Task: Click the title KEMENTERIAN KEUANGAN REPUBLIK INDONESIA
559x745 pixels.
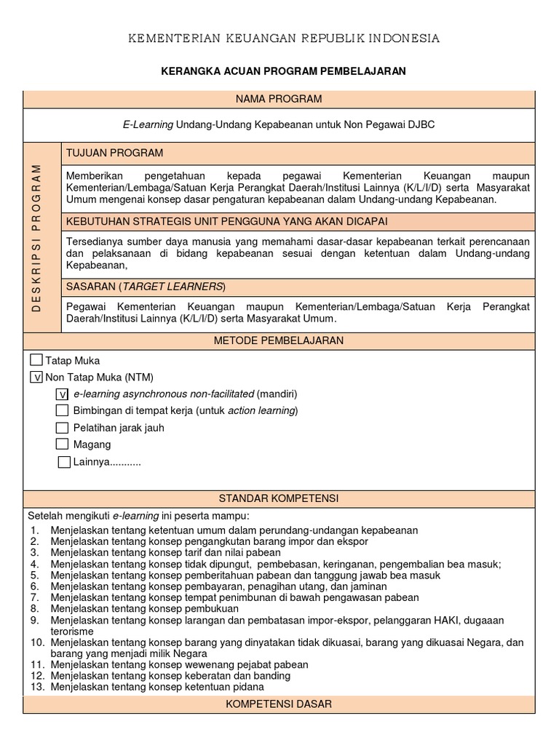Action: tap(284, 39)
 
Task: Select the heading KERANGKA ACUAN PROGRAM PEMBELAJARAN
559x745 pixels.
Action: tap(283, 71)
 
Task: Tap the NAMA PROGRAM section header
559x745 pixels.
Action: tap(279, 99)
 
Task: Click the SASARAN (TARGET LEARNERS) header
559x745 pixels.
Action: tap(146, 286)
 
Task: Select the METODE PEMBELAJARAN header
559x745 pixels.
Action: tap(279, 340)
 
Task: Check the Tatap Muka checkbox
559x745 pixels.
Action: tap(36, 360)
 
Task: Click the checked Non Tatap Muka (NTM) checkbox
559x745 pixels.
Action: tap(36, 377)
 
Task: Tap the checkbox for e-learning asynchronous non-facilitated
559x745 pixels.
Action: tap(63, 394)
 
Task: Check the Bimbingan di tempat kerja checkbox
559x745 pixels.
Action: tap(63, 411)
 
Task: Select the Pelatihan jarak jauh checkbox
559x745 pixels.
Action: tap(63, 428)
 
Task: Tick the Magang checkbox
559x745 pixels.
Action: tap(63, 445)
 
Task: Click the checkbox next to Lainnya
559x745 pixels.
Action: tap(65, 462)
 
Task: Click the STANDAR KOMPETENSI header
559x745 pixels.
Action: tap(279, 498)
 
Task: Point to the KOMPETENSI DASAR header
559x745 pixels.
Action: tap(279, 704)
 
